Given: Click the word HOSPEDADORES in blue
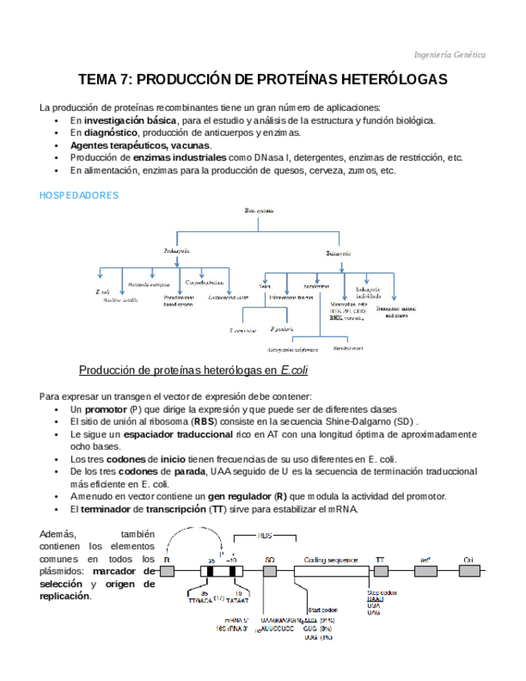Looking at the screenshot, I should click(79, 195).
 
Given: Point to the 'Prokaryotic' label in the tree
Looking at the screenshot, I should click(177, 251).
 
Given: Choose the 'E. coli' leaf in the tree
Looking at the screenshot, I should click(102, 292).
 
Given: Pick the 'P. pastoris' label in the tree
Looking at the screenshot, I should click(281, 329).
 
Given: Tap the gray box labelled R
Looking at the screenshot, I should click(167, 571).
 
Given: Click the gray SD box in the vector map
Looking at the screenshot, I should click(270, 571).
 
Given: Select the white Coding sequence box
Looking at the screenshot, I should click(331, 571).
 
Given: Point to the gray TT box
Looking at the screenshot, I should click(380, 571).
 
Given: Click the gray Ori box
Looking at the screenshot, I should click(469, 571).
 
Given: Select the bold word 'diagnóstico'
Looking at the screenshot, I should click(111, 133).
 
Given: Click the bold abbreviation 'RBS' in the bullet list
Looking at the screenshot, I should click(204, 421).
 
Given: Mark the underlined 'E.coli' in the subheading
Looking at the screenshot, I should click(294, 370).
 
